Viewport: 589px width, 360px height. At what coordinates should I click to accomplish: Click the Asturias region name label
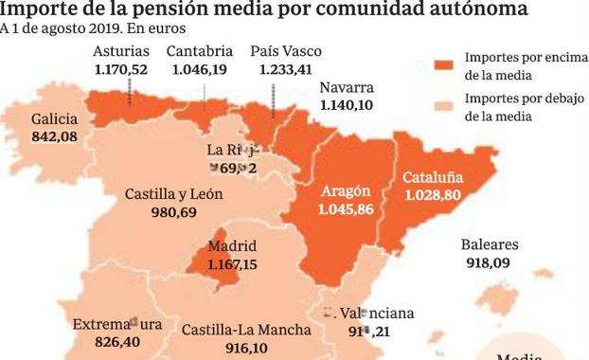coord(120,51)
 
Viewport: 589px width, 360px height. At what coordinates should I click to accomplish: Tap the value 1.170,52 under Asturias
coord(121,69)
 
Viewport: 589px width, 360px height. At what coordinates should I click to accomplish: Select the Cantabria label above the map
coord(199,51)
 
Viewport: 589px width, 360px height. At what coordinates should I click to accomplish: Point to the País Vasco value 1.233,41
coord(286,69)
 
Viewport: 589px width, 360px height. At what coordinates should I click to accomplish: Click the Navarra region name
coord(346,89)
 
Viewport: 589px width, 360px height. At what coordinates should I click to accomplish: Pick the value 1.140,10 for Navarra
coord(347,106)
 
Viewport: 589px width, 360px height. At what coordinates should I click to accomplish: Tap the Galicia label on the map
coord(54,119)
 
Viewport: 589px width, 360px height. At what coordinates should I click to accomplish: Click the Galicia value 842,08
coord(54,137)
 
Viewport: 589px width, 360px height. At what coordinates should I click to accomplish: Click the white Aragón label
coord(346,189)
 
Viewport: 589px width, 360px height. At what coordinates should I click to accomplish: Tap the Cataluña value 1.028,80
coord(432,194)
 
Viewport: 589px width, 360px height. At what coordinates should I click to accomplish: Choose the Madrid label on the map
coord(232,246)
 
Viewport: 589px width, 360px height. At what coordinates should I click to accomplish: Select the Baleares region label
coord(490,244)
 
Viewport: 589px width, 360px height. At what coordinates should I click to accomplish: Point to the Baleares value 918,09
coord(488,262)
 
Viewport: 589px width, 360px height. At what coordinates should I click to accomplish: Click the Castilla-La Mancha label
coord(246,330)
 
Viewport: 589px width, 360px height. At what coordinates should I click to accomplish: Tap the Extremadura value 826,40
coord(105,342)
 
